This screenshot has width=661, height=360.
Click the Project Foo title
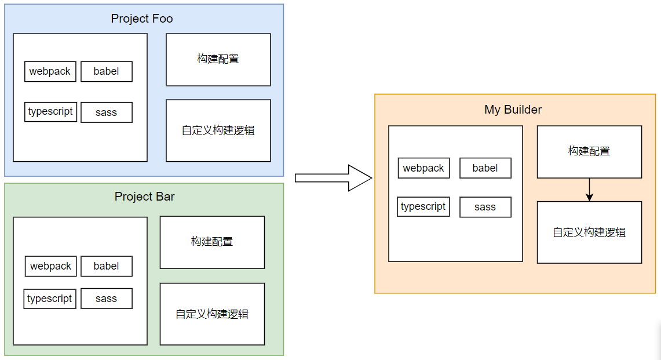(141, 19)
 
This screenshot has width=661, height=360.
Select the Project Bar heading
(144, 197)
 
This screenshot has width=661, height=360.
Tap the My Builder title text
(513, 110)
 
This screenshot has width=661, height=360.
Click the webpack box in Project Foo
(50, 71)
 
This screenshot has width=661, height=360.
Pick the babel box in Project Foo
(106, 71)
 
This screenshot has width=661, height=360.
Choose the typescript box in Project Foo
(50, 112)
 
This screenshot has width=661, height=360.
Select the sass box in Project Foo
(106, 112)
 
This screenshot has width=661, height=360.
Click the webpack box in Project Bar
(50, 266)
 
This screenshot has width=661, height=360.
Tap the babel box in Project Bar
(106, 266)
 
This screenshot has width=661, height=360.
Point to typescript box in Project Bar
(50, 299)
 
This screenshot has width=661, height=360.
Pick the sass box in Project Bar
(106, 299)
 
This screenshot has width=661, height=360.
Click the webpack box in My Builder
(423, 168)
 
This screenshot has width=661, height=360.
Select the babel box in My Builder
(485, 168)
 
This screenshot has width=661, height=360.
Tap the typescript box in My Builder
(423, 207)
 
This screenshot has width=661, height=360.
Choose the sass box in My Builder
(485, 207)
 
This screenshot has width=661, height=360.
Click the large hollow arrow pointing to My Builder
(333, 178)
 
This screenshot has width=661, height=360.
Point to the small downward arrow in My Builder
(589, 190)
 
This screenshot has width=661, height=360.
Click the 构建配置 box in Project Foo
(218, 60)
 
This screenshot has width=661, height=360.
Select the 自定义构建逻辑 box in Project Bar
(212, 314)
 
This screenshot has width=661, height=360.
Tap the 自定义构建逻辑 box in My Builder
(589, 232)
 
